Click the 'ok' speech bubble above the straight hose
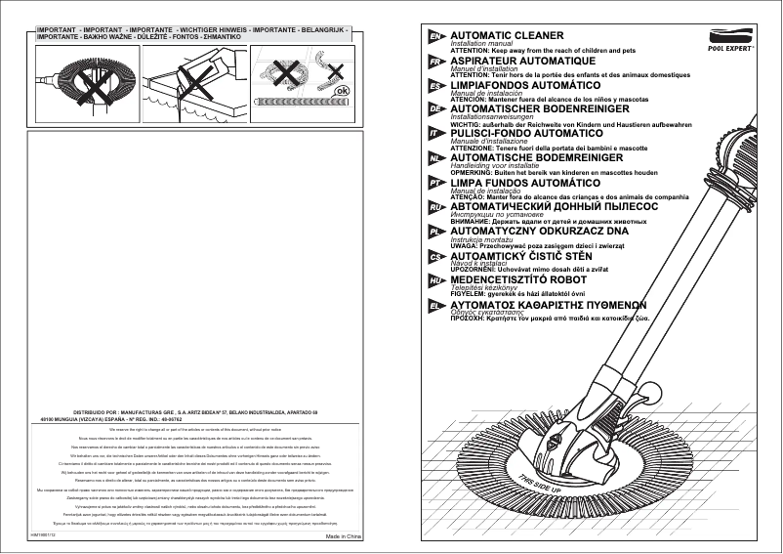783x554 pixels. point(341,91)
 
